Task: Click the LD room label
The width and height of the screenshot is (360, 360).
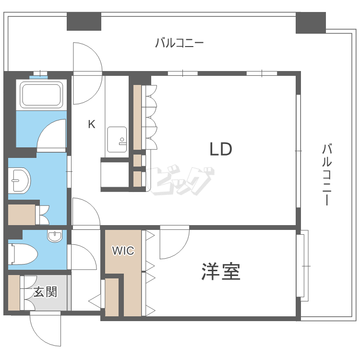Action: coord(221,149)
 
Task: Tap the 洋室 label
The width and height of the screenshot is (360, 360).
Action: coord(220,272)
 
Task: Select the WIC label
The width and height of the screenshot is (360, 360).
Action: coord(123,251)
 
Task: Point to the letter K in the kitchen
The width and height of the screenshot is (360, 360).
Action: coord(91,125)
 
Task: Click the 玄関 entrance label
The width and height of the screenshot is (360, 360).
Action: coord(46,291)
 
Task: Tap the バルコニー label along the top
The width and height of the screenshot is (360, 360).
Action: coord(180,43)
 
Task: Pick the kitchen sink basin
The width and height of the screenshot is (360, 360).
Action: coord(117,139)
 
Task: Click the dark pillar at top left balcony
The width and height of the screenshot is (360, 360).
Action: coord(84,21)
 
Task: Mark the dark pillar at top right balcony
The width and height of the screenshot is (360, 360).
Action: coord(311,23)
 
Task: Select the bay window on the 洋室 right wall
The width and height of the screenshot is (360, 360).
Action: coord(302,265)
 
